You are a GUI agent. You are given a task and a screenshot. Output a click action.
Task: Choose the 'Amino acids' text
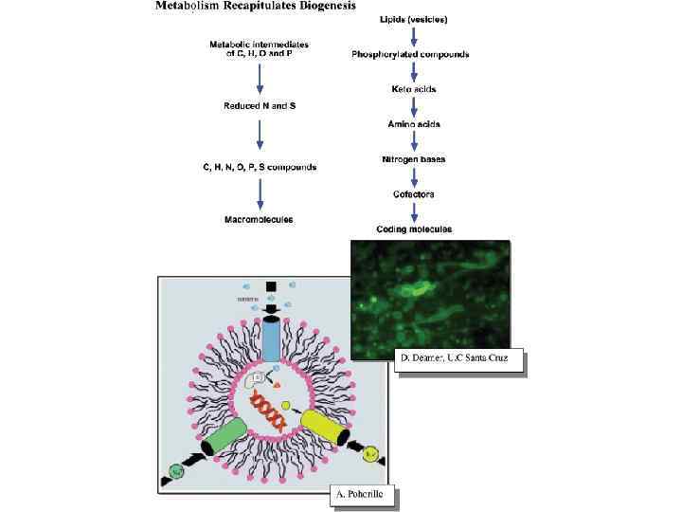point(414,124)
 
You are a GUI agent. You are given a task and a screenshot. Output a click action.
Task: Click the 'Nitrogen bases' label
point(413,159)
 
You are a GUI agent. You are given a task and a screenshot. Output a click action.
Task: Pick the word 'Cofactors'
point(413,194)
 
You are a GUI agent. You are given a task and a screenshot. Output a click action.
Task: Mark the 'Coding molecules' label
point(414,229)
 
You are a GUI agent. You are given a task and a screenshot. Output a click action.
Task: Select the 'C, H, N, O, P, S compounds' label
point(259,167)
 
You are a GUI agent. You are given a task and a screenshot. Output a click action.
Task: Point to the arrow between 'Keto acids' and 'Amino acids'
point(414,106)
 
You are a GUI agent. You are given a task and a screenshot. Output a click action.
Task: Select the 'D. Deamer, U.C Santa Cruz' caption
point(459,360)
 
